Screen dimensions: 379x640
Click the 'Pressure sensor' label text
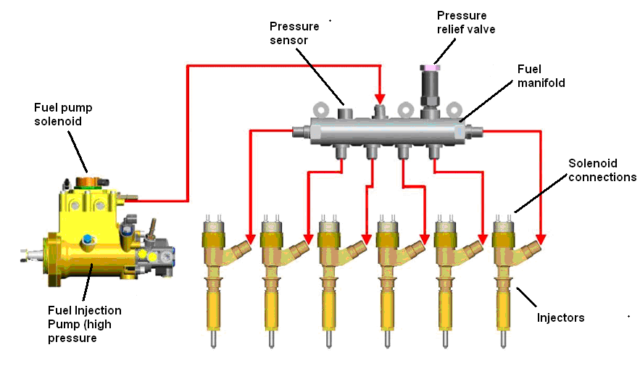tap(290, 33)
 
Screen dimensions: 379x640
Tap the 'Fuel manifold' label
tap(540, 75)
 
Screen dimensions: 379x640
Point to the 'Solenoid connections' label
tap(602, 170)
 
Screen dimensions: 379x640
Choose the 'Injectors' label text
tap(560, 317)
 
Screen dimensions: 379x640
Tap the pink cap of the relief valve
tap(432, 67)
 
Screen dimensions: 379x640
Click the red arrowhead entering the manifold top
tap(378, 99)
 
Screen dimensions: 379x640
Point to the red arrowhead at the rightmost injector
tap(540, 238)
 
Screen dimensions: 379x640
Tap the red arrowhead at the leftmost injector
tap(249, 238)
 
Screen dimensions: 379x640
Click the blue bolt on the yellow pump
tap(87, 240)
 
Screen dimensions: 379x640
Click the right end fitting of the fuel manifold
tap(475, 131)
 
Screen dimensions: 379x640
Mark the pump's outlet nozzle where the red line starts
tap(130, 196)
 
